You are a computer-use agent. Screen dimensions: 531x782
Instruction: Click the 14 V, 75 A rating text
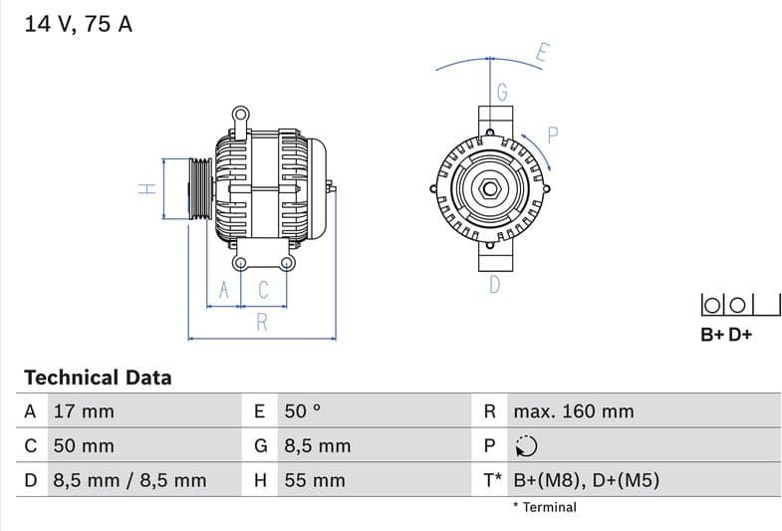pos(78,25)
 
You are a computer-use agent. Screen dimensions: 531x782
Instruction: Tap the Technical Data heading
pos(98,378)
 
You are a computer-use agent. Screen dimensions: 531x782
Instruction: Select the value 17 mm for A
pos(83,411)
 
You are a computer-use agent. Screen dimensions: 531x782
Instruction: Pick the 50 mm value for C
pos(83,446)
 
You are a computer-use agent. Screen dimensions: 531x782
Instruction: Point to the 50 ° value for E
pos(303,411)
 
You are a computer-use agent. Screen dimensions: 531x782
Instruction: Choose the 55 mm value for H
pos(315,480)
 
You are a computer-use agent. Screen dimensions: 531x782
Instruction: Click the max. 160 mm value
pos(573,411)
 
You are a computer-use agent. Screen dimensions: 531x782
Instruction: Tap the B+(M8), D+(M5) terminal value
pos(586,480)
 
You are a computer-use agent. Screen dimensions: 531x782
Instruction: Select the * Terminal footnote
pos(544,507)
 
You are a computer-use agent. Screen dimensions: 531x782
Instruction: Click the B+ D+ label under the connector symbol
pos(726,335)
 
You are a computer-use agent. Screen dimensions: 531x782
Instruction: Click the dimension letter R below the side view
pos(262,322)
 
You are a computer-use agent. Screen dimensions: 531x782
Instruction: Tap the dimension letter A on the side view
pos(225,290)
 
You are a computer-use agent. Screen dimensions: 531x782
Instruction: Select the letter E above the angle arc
pos(542,53)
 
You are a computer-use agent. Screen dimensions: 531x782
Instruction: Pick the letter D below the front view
pos(494,286)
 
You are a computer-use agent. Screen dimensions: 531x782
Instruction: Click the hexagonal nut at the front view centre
pos(491,187)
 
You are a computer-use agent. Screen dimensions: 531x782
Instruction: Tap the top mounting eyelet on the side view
pos(240,115)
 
